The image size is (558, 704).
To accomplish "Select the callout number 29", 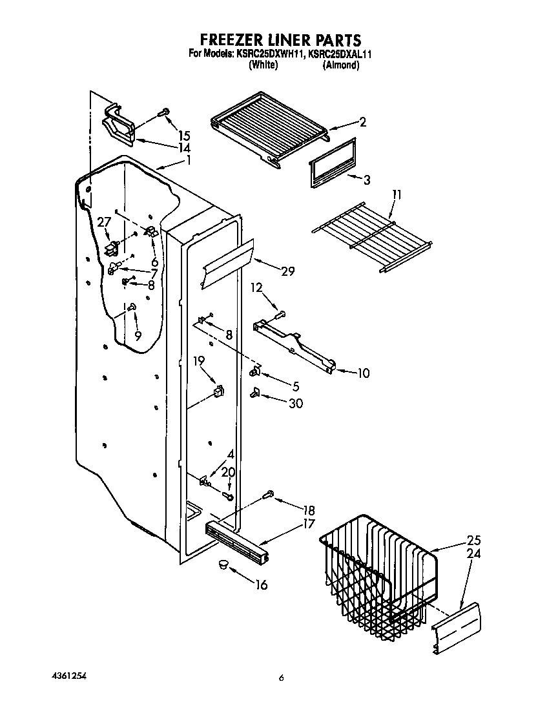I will (287, 271).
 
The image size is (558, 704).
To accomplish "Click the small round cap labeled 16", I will (223, 565).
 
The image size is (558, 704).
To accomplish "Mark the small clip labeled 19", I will (219, 391).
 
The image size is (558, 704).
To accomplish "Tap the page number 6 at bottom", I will (281, 678).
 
